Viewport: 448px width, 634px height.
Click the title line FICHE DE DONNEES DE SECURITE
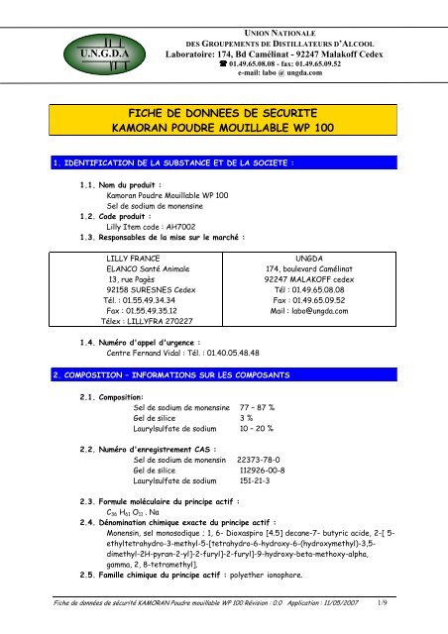click(x=223, y=116)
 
